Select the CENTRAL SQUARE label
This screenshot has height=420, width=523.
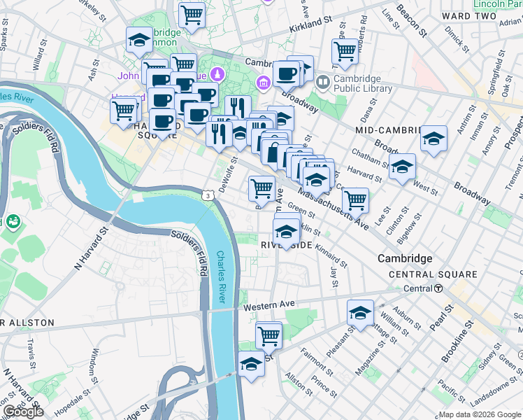tap(433, 274)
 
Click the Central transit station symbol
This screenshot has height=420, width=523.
tap(438, 288)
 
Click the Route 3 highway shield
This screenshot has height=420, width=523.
tap(208, 195)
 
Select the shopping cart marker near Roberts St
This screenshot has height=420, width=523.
tap(345, 50)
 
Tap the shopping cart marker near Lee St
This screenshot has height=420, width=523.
tap(356, 199)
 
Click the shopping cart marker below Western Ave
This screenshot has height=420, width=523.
tap(268, 335)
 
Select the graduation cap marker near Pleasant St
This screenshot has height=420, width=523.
tap(360, 312)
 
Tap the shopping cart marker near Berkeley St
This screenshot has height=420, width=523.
tap(192, 14)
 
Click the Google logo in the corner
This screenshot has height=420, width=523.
tap(22, 411)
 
